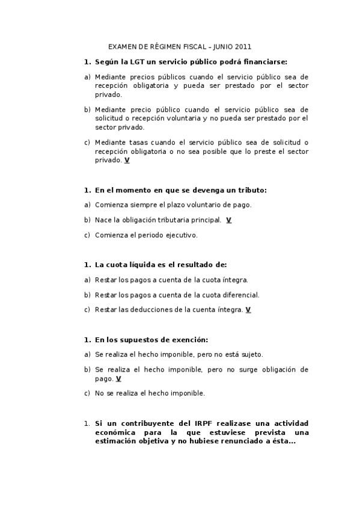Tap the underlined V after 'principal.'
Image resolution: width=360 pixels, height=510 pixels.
click(229, 220)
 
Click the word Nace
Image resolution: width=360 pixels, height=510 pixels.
click(103, 220)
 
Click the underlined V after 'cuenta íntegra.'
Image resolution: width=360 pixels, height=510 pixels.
click(248, 310)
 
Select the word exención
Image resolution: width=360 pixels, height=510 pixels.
click(190, 340)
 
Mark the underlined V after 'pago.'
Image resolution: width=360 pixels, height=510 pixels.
click(118, 379)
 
